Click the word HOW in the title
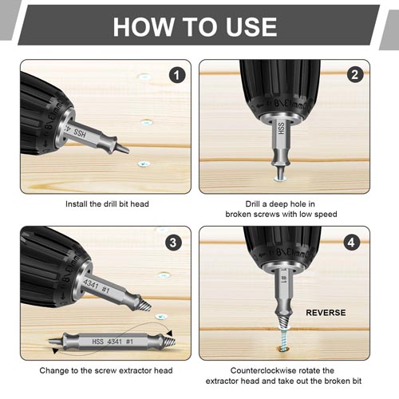[x=143, y=26]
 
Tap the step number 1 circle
[x=177, y=75]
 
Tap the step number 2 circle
[x=355, y=75]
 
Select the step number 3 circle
[x=173, y=243]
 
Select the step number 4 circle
[x=351, y=243]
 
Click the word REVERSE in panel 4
[x=326, y=313]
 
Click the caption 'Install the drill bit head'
[x=107, y=204]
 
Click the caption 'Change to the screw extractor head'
[x=106, y=370]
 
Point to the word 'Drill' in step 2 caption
[x=252, y=204]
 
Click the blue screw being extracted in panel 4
[x=284, y=338]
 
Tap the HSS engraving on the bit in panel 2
[x=281, y=128]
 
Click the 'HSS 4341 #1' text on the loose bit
[x=113, y=342]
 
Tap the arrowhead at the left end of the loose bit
[x=55, y=351]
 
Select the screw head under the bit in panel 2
[x=280, y=179]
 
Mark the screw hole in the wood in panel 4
[x=283, y=349]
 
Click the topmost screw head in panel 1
[x=145, y=77]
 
